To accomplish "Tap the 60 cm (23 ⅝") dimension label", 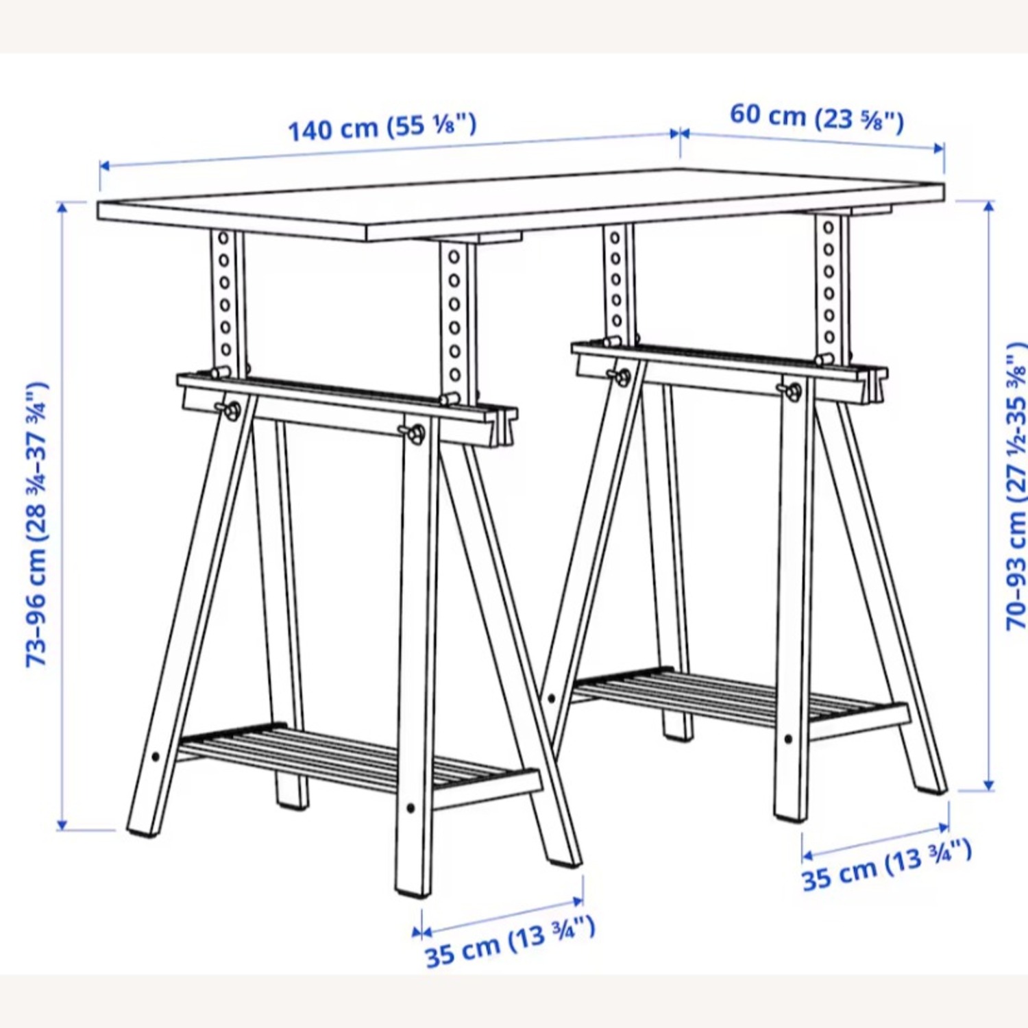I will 816,117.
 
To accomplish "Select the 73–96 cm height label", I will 37,524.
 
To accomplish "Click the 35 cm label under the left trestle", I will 509,943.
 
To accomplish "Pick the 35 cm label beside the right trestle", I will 887,865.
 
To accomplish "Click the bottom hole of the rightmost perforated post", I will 831,337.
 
